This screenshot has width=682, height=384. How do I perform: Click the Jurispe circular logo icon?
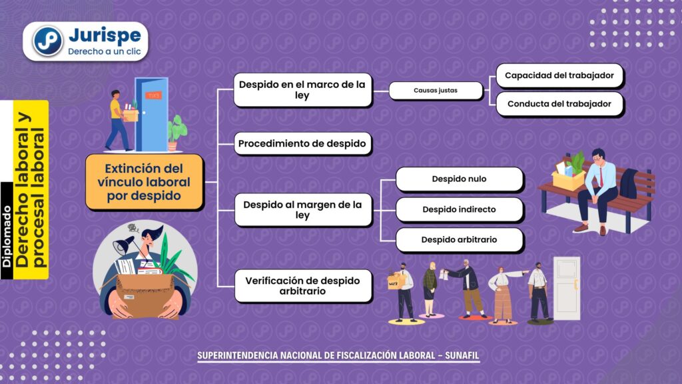47,41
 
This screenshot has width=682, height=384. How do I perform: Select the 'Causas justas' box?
436,91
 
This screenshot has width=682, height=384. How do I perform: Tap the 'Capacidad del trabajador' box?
559,75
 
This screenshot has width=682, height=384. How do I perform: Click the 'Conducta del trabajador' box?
559,103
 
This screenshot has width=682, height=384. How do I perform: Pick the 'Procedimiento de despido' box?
302,144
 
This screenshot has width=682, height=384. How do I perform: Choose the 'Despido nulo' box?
460,179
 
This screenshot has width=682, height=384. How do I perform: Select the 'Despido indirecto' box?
460,209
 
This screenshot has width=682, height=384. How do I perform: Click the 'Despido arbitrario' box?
460,239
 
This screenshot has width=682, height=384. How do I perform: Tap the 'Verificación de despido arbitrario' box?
303,285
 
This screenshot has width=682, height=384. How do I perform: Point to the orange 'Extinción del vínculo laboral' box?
145,182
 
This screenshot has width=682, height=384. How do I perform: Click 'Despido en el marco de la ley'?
302,90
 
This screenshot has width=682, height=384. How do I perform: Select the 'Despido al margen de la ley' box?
303,210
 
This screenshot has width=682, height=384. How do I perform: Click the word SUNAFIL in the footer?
462,355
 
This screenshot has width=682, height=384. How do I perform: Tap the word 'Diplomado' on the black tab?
7,237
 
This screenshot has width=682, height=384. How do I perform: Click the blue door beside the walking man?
151,114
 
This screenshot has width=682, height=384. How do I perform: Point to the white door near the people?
567,288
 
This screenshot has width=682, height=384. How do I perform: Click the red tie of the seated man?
601,176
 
